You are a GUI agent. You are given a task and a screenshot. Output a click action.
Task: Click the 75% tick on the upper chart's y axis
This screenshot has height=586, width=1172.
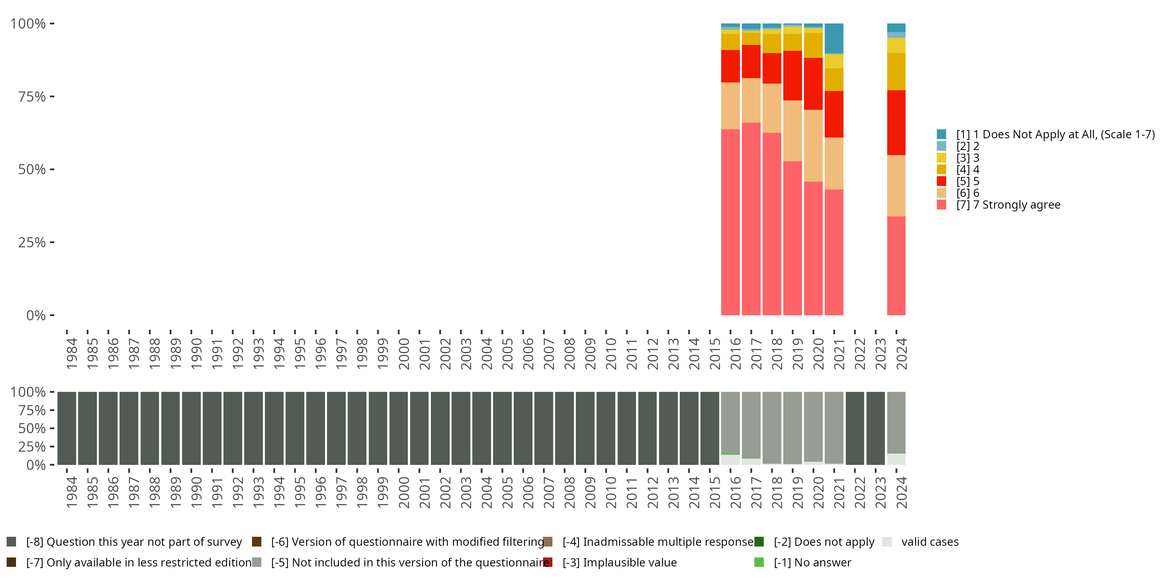[32, 96]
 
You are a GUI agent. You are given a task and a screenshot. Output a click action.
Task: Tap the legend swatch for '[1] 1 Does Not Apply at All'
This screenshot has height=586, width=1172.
[942, 134]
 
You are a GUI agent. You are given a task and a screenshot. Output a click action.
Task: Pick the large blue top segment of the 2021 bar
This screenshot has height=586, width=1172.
[834, 38]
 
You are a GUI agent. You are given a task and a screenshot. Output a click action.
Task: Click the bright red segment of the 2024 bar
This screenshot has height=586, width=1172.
[896, 123]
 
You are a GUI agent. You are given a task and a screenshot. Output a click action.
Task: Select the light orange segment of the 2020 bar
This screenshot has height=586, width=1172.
[813, 146]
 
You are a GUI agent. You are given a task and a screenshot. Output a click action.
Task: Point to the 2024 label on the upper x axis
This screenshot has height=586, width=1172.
[901, 354]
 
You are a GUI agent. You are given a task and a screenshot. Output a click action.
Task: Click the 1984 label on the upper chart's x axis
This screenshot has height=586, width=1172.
[71, 354]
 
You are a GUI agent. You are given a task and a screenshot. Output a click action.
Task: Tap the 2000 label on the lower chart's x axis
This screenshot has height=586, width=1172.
[404, 493]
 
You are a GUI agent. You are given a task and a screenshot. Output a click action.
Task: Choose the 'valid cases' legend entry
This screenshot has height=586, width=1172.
[929, 542]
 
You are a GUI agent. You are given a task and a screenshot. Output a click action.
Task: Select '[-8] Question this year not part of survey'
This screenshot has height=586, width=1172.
[134, 542]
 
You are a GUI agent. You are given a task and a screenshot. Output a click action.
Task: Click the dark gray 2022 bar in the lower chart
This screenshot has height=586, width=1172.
[854, 428]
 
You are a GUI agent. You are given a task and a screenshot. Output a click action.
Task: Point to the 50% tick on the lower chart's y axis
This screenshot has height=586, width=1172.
[32, 428]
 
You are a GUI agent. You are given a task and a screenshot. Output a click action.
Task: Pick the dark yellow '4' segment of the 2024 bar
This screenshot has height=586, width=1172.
[896, 72]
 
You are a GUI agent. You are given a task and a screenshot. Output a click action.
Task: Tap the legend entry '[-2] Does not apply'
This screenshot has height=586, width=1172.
[824, 542]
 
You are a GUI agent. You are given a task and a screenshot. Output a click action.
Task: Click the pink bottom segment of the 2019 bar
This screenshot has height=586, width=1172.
[792, 238]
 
